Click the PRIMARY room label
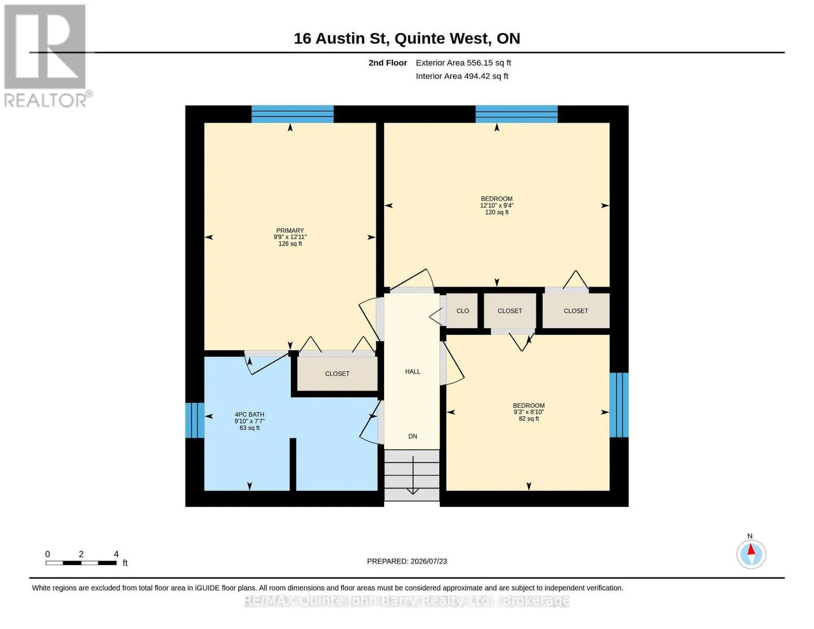[x=290, y=231]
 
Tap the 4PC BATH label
[x=249, y=414]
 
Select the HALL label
[x=413, y=371]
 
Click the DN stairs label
[x=413, y=436]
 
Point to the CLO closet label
[x=463, y=310]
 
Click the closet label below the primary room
[x=337, y=374]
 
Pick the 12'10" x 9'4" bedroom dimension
[x=497, y=205]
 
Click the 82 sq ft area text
[x=528, y=418]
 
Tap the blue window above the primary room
[x=292, y=114]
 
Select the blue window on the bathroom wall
[x=195, y=420]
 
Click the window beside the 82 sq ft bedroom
[x=619, y=405]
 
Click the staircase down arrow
[x=413, y=475]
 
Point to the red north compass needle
[x=751, y=549]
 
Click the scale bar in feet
[x=81, y=562]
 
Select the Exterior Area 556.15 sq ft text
[x=463, y=63]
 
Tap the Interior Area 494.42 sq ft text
[x=462, y=76]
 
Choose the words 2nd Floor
[x=387, y=63]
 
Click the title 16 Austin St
[x=340, y=39]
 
